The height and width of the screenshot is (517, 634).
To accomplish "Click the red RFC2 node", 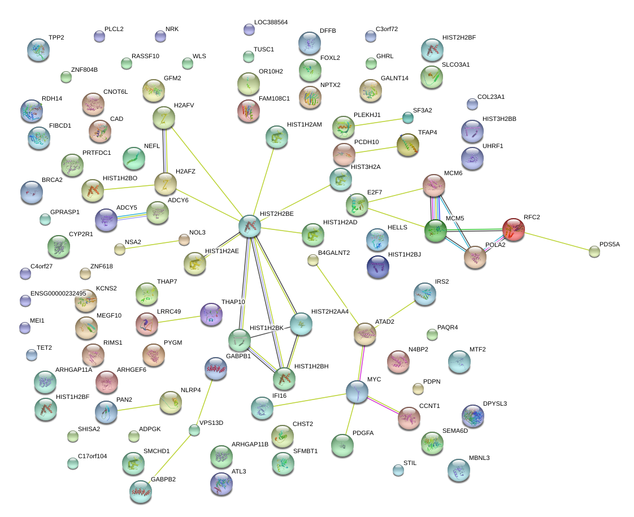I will (513, 229).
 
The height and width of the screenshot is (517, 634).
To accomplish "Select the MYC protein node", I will (357, 392).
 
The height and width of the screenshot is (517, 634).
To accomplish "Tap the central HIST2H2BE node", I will (250, 225).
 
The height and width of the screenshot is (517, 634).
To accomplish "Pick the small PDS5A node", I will (594, 251).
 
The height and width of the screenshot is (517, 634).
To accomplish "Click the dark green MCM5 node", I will (435, 231).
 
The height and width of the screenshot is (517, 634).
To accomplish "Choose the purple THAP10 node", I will (212, 314).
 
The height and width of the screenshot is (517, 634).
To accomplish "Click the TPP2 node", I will (38, 50).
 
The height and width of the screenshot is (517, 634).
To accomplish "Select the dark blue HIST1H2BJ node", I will (377, 267).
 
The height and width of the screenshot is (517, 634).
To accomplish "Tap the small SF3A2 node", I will (407, 117).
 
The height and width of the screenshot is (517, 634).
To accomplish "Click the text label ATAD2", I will (385, 322).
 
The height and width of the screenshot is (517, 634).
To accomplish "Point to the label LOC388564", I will (271, 23).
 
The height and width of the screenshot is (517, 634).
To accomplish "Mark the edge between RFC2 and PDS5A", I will (554, 240).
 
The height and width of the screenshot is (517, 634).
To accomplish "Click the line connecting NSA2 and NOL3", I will (151, 244).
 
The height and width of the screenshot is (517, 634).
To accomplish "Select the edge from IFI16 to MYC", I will (310, 398).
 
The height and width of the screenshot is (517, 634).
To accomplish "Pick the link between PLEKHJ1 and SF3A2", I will (375, 122).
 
